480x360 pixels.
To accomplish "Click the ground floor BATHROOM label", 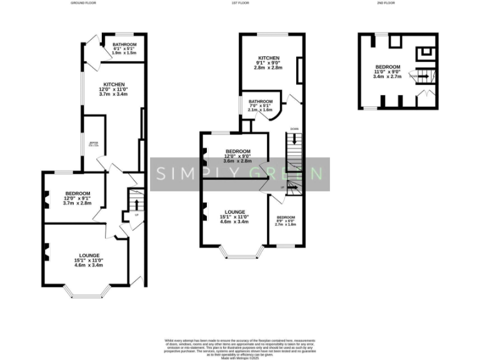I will (124, 44).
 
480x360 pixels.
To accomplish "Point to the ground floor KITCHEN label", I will (114, 84).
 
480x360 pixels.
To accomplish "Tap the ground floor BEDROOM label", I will (77, 193).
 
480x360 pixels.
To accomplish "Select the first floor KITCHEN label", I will (267, 58).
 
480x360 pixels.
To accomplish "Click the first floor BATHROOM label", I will (261, 101).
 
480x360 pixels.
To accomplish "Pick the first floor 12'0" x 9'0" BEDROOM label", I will (238, 151).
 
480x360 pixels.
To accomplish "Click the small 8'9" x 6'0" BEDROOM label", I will (287, 217).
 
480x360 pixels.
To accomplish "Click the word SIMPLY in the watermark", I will (191, 173).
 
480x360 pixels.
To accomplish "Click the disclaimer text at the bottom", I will (241, 346).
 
